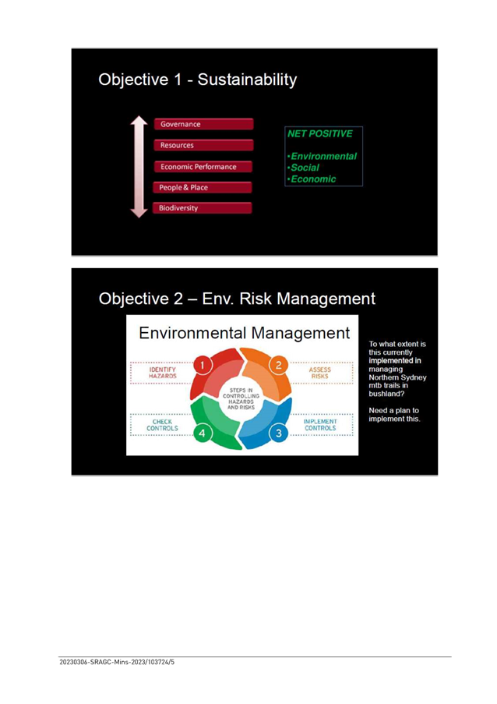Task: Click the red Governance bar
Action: [x=203, y=125]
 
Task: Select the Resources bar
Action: [x=203, y=145]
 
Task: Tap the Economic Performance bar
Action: [x=203, y=167]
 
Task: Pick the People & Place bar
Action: [x=203, y=187]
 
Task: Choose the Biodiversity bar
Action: [x=203, y=208]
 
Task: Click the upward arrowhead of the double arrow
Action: [x=139, y=120]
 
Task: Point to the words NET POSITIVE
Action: [x=320, y=134]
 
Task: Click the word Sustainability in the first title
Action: [x=247, y=80]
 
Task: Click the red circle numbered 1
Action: [x=203, y=365]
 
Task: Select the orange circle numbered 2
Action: [x=279, y=365]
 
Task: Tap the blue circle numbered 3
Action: [x=279, y=433]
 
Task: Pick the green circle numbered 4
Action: [x=203, y=433]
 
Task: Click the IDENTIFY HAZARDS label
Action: [x=162, y=373]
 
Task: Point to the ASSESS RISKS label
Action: [x=320, y=373]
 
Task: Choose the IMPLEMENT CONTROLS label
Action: [x=320, y=425]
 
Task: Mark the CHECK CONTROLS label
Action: [x=162, y=425]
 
